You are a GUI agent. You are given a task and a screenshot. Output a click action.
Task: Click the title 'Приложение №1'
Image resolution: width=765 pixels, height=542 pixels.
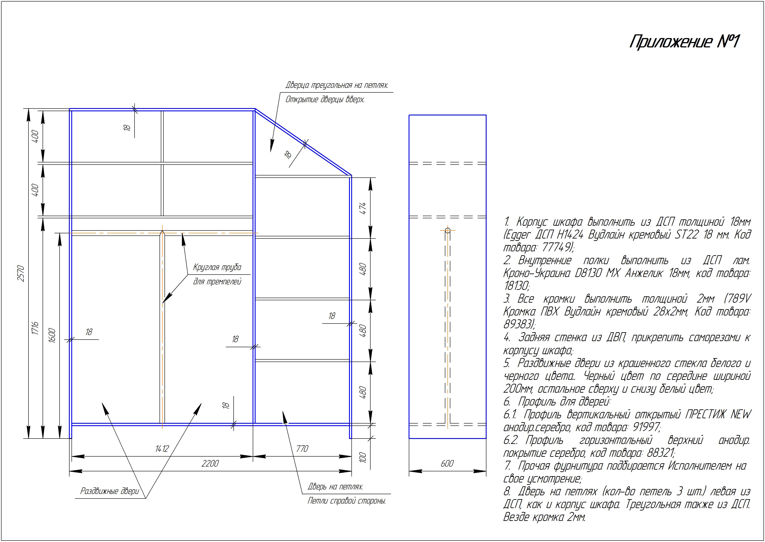(x=684, y=42)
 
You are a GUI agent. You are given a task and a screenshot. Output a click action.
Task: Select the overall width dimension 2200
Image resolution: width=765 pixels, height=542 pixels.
(x=210, y=463)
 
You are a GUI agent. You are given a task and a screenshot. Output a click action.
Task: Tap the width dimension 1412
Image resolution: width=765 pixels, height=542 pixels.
(x=162, y=449)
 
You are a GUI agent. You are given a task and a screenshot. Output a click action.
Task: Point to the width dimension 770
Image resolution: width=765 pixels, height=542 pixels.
(x=302, y=449)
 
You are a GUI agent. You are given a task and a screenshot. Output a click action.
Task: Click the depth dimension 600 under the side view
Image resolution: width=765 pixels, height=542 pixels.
(x=447, y=463)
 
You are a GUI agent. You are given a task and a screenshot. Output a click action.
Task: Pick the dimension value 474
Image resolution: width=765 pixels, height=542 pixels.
(x=363, y=208)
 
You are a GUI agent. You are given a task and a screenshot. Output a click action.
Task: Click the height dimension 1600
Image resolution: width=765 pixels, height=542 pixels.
(x=52, y=336)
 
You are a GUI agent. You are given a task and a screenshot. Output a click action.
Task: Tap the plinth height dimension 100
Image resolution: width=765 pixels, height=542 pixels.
(x=363, y=457)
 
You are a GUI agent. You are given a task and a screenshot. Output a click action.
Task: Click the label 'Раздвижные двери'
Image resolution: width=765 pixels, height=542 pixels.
(x=110, y=491)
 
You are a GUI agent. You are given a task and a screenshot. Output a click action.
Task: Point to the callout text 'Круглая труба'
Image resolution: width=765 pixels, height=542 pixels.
(x=217, y=267)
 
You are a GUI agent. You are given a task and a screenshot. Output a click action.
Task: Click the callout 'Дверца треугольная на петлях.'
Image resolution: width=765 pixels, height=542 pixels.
(x=337, y=85)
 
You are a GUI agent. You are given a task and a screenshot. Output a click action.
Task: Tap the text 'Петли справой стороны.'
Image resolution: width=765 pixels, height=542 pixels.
(x=347, y=501)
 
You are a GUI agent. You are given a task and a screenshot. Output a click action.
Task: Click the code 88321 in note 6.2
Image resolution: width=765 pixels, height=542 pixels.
(x=661, y=453)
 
